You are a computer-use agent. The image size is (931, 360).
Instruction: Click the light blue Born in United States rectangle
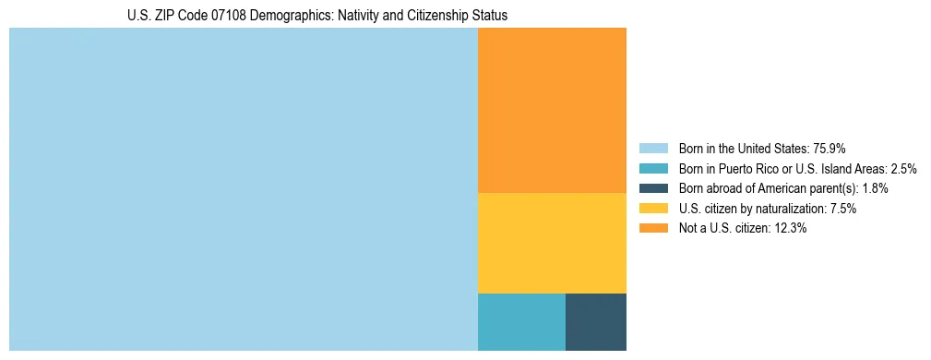244,189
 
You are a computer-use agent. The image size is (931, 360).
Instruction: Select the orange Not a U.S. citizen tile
552,110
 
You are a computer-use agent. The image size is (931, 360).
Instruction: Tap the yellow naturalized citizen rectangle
552,243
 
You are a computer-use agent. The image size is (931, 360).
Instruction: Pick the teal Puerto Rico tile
521,322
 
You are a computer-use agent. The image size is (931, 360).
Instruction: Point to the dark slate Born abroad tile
596,322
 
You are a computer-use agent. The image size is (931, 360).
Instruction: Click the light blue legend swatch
653,149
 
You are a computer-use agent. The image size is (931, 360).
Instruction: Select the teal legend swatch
653,169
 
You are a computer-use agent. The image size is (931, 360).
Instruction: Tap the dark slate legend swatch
653,188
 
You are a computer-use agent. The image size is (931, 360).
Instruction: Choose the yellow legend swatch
653,209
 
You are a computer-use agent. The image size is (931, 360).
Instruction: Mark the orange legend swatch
653,229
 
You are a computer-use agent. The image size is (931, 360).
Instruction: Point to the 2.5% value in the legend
903,169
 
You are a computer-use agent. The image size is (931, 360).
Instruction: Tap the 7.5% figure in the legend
842,209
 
